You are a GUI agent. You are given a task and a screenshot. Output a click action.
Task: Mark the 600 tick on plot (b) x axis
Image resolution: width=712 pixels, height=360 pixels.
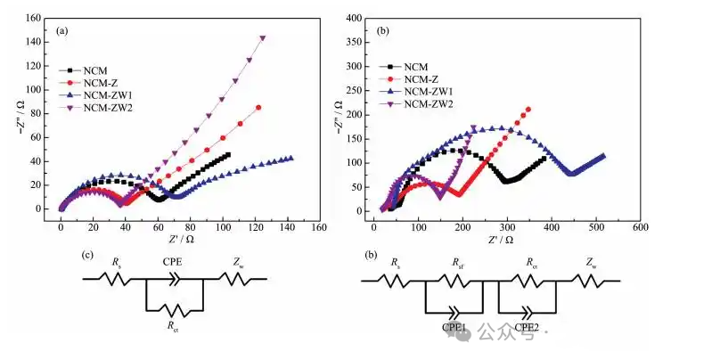[x=640, y=226]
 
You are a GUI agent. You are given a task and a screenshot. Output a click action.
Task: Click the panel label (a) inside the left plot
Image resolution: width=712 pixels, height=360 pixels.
[x=62, y=30]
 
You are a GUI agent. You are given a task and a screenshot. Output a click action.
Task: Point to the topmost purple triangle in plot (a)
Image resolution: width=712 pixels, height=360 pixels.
[x=263, y=38]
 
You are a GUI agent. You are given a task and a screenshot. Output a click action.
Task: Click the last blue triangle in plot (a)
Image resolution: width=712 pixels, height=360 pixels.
[x=291, y=159]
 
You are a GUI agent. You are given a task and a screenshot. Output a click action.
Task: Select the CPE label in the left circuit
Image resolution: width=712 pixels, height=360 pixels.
[x=173, y=264]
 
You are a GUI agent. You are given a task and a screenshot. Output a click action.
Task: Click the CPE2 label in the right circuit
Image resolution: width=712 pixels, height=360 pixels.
[x=527, y=328]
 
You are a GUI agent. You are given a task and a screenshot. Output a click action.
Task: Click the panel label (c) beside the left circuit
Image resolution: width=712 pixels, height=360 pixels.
[x=88, y=256]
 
